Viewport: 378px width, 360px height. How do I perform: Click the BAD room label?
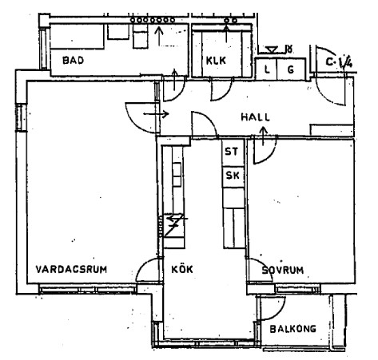[73, 61]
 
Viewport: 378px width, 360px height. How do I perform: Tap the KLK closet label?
[216, 61]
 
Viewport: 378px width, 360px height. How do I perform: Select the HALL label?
[255, 117]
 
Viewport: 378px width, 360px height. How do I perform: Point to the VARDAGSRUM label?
[71, 269]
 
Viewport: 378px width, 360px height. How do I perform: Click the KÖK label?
[182, 269]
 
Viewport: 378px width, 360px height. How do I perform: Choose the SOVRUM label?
[283, 270]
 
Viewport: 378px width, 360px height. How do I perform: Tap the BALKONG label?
[292, 329]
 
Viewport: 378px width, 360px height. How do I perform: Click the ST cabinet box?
[233, 152]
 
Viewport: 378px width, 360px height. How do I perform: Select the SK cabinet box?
[233, 176]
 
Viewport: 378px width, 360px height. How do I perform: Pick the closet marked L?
[266, 69]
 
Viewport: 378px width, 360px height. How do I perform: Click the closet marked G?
[291, 69]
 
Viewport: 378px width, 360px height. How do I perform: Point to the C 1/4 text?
[339, 62]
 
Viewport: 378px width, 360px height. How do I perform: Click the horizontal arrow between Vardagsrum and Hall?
[156, 114]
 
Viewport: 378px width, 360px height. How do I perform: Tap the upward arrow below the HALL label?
[264, 136]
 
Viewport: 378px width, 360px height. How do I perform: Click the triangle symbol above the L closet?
[272, 49]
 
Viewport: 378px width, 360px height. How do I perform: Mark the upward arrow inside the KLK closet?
[226, 34]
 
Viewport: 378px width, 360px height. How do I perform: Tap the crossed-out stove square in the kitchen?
[173, 225]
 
